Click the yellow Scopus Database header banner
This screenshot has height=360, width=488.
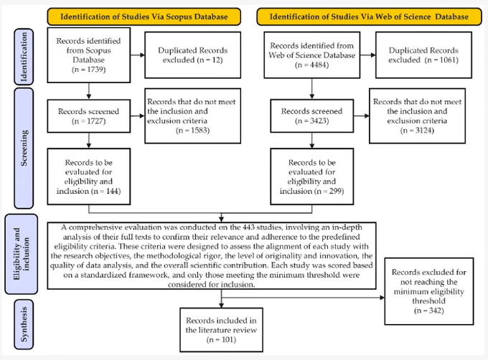point(144,16)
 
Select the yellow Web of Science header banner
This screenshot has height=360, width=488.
point(369,16)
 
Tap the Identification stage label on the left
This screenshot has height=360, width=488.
point(24,57)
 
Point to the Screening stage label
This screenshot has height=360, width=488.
point(24,148)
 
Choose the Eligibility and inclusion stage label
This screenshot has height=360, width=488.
point(21,254)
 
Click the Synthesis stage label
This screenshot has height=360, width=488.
point(24,324)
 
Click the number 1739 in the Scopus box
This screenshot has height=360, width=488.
point(96,70)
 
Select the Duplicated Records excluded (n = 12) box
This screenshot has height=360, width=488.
point(192,55)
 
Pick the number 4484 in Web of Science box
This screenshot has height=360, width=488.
point(319,65)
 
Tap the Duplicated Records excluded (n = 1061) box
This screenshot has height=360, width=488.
point(423,55)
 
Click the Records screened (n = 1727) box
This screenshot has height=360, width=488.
point(89,116)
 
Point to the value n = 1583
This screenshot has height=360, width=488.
point(192,131)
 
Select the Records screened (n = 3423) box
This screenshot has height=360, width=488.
point(312,116)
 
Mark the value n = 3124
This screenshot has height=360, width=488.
point(417,131)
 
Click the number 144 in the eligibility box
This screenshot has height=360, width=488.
point(112,191)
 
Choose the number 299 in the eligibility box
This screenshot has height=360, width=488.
point(336,191)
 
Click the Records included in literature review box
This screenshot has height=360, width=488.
point(221,330)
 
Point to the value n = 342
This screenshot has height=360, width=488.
point(429,311)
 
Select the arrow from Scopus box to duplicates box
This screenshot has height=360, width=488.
point(138,55)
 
